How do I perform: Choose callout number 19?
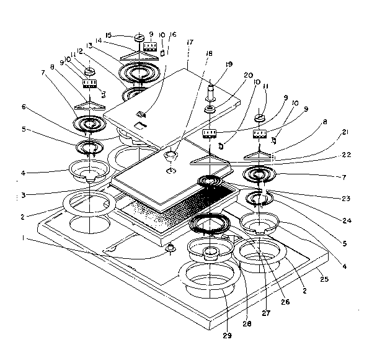click(229, 64)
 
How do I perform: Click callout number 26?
click(285, 302)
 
